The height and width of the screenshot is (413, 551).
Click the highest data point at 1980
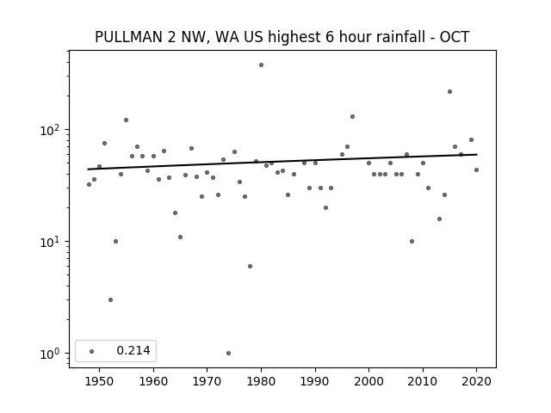[x=261, y=65]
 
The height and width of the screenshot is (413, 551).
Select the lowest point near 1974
[x=228, y=354]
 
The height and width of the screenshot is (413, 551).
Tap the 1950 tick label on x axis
[x=100, y=381]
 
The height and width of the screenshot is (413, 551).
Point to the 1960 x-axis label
[x=153, y=381]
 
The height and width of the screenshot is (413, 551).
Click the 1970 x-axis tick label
[x=207, y=381]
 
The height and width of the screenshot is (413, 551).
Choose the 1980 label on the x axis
[x=261, y=381]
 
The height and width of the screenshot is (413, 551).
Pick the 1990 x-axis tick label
[x=315, y=381]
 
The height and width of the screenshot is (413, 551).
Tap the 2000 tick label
[x=369, y=381]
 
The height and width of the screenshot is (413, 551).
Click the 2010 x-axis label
[x=423, y=381]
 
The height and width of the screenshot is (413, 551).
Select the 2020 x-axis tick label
[x=476, y=381]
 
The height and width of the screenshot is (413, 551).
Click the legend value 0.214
[x=133, y=350]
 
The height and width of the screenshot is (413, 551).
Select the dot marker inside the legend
[x=92, y=351]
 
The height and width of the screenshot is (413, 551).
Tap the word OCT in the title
[x=455, y=37]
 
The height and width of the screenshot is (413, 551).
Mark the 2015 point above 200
[x=449, y=92]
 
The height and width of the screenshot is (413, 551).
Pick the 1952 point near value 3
[x=111, y=300]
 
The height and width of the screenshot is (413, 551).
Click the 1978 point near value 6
[x=251, y=266]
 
